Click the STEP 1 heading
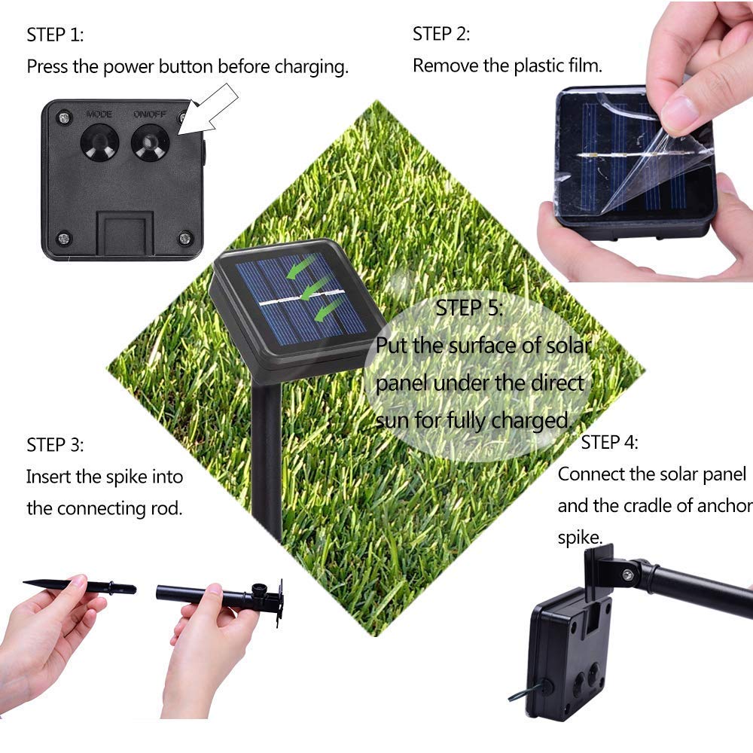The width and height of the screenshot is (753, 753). pos(55,35)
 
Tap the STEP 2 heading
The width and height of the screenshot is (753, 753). pos(441,33)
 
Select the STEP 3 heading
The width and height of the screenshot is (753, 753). pos(55,444)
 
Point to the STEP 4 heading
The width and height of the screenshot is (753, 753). pos(609,442)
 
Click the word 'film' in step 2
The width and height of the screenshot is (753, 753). pos(584,66)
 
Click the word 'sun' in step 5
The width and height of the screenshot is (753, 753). pos(392,420)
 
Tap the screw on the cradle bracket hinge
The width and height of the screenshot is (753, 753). pos(626,575)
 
